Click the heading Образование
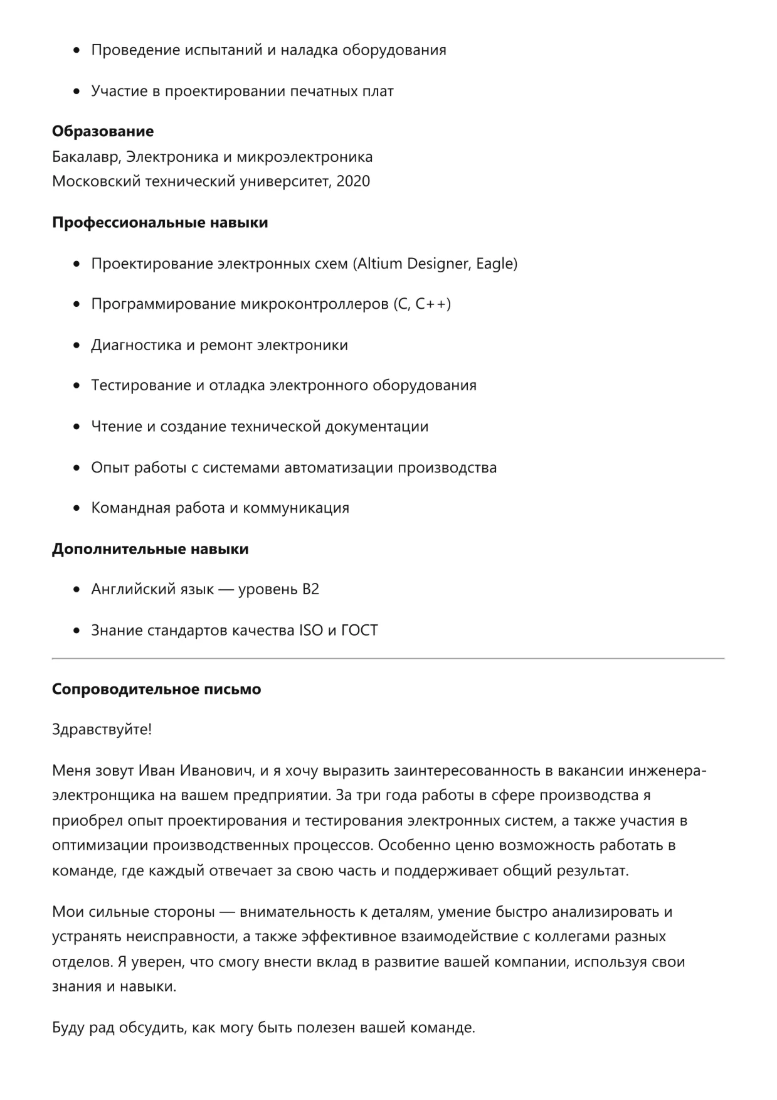click(103, 131)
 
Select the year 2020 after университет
click(353, 181)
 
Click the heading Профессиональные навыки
click(160, 222)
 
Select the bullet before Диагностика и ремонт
click(77, 345)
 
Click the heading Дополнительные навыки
click(150, 548)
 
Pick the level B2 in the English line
click(310, 589)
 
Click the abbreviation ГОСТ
click(359, 630)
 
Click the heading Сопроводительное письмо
click(156, 689)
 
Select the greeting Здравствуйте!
click(102, 730)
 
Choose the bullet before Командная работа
click(77, 508)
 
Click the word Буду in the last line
click(68, 1028)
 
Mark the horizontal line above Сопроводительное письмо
click(388, 658)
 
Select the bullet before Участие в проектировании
click(77, 91)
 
